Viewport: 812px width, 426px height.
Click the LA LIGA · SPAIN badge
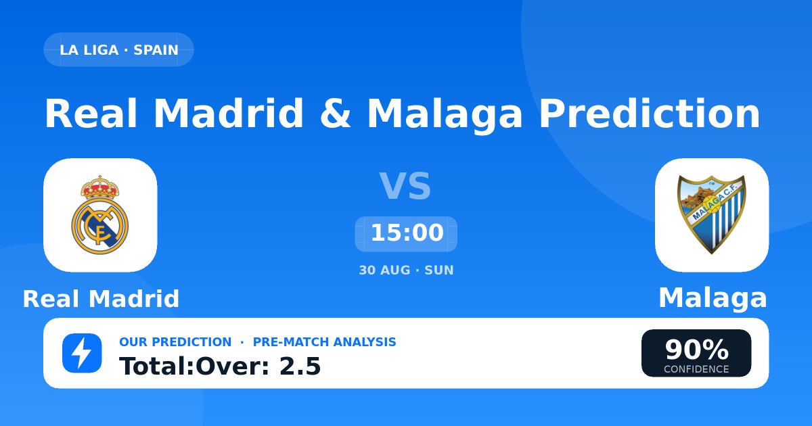point(118,49)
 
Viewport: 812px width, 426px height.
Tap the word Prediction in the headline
point(649,114)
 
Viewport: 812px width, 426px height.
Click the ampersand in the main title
point(336,114)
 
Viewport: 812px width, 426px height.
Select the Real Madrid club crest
point(100,215)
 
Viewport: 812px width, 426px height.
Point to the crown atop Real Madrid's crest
point(100,187)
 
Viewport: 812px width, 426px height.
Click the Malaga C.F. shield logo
point(712,215)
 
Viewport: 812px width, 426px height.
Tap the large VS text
point(405,186)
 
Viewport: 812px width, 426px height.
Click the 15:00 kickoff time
point(407,233)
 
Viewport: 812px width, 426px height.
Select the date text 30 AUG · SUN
point(406,270)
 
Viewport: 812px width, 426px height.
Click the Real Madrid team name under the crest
point(101,299)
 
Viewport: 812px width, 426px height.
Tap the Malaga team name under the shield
point(713,298)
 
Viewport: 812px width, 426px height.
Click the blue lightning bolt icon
point(82,353)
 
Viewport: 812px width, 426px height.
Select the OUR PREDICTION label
point(175,342)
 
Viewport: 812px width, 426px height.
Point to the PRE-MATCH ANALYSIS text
point(324,342)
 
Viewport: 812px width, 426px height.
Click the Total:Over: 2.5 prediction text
point(220,366)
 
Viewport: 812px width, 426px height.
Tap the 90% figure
point(696,350)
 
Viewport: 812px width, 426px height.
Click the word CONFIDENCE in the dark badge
point(696,369)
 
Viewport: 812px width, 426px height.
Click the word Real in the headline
point(91,114)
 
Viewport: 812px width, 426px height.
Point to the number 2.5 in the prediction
point(300,366)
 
